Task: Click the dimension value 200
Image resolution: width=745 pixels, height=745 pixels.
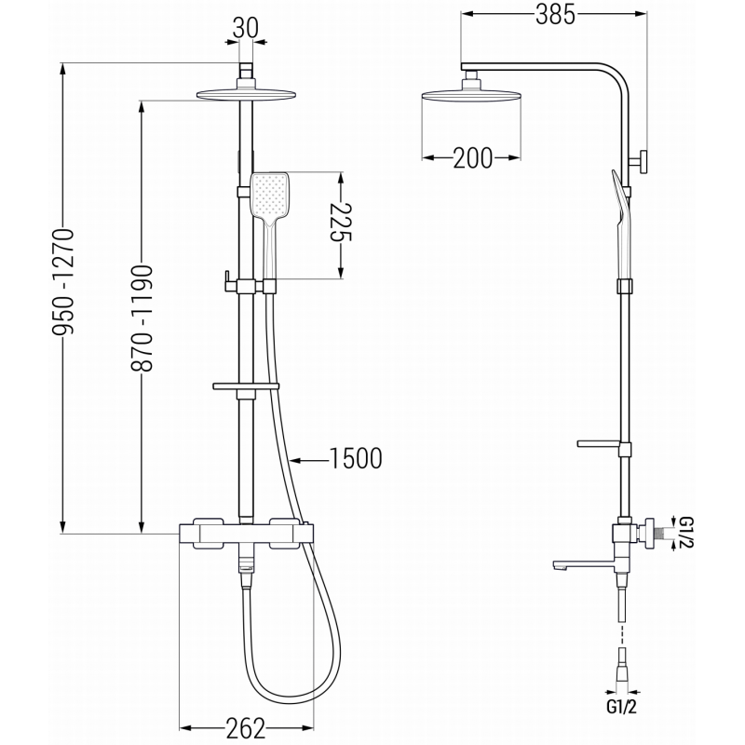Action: coord(472,158)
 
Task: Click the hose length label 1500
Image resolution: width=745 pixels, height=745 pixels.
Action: coord(357,457)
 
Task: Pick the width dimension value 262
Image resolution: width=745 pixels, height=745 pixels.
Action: coord(245,726)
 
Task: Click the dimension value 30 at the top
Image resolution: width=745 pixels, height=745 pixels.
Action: coord(246,28)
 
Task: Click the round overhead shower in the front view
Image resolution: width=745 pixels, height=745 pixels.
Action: coord(246,93)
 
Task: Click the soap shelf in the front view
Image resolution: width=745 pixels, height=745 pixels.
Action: coord(246,385)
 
